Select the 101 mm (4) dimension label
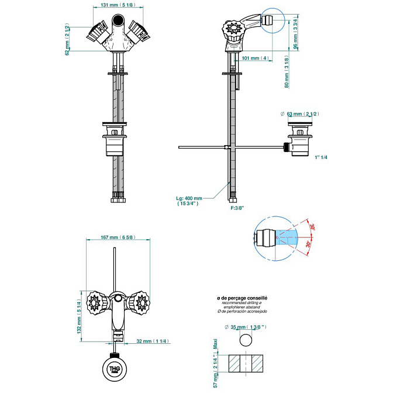255,58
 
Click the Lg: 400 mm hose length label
189,201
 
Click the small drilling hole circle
247,340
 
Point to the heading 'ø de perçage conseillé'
242,298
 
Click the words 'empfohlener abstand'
242,307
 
